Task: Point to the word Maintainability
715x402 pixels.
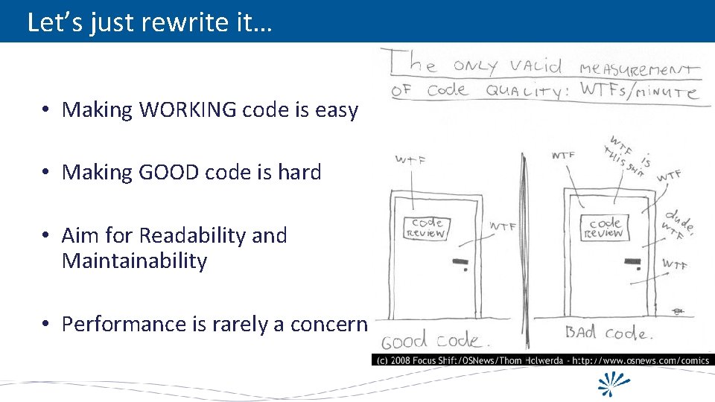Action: coord(134,261)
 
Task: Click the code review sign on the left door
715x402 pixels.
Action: coord(427,228)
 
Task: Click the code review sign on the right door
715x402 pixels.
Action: coord(604,228)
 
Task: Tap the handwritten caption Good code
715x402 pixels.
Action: coord(436,342)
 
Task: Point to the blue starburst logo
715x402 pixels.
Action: coord(615,383)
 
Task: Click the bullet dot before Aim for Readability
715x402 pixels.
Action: coord(46,236)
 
